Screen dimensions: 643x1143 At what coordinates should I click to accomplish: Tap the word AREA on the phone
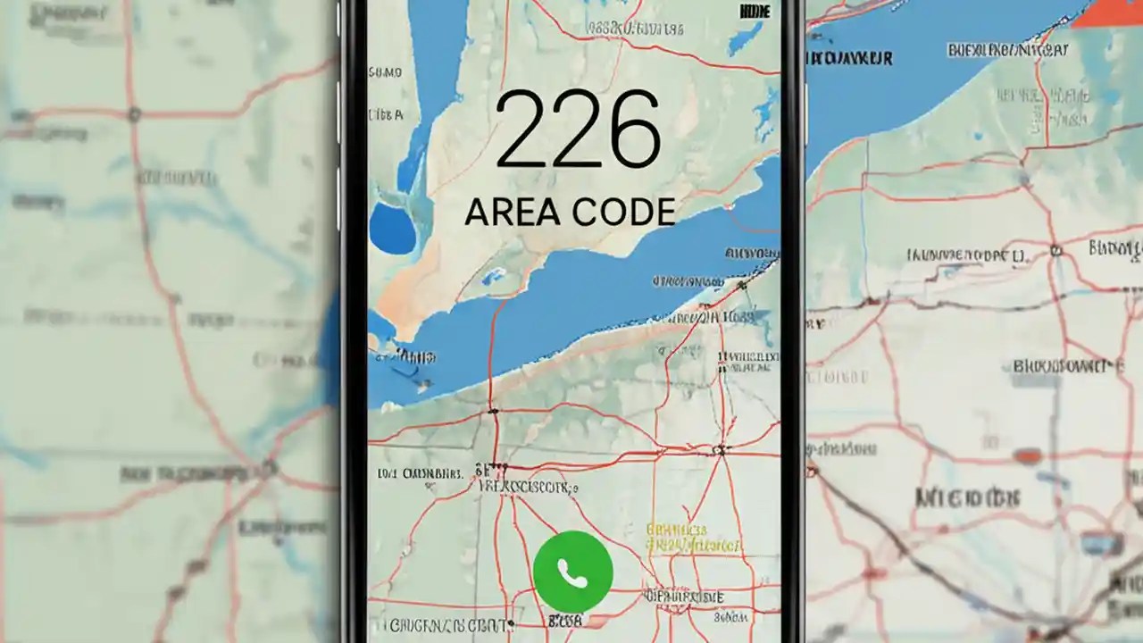pyautogui.click(x=513, y=212)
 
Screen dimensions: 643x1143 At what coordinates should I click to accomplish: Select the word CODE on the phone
pyautogui.click(x=622, y=212)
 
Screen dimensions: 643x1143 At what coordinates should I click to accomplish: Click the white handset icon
pyautogui.click(x=572, y=572)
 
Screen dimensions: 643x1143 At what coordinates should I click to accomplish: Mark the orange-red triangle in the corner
pyautogui.click(x=1107, y=13)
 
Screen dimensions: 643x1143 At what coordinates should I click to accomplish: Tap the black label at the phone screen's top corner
pyautogui.click(x=755, y=12)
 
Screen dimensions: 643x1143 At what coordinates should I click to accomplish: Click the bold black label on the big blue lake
pyautogui.click(x=848, y=59)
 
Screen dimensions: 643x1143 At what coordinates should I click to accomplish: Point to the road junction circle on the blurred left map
pyautogui.click(x=134, y=114)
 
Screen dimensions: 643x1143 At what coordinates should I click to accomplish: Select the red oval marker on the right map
pyautogui.click(x=1028, y=455)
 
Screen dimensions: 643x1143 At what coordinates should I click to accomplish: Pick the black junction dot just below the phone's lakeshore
pyautogui.click(x=492, y=412)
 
